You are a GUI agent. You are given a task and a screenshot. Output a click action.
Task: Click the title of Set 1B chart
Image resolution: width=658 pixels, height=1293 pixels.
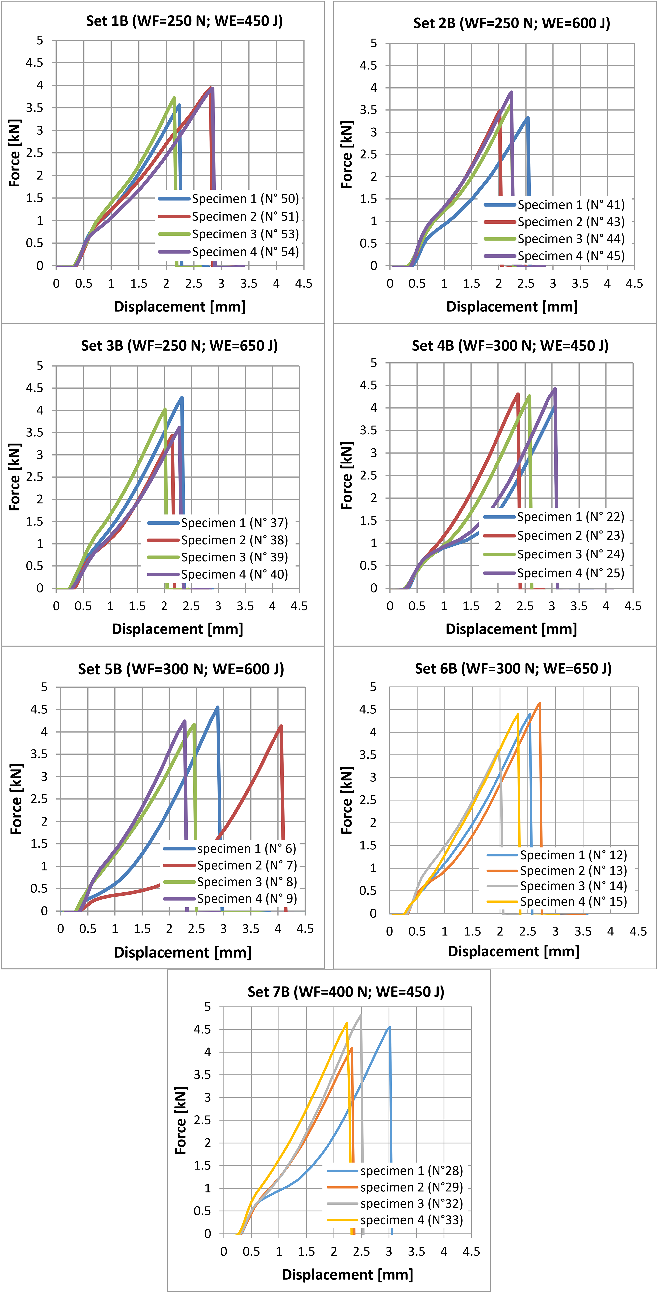pyautogui.click(x=184, y=21)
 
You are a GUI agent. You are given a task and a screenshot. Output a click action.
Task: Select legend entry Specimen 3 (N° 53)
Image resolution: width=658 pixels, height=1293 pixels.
pyautogui.click(x=228, y=234)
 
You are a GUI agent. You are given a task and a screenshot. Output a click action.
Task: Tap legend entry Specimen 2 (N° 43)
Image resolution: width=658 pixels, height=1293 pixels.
pyautogui.click(x=554, y=222)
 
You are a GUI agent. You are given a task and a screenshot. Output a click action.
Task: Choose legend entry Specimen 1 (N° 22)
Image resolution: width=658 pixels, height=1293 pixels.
pyautogui.click(x=554, y=517)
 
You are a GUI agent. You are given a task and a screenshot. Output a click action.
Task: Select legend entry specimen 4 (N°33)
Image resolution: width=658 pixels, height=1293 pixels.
pyautogui.click(x=395, y=1220)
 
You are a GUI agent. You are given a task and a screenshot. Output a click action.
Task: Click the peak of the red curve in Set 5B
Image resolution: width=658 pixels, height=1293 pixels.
pyautogui.click(x=281, y=726)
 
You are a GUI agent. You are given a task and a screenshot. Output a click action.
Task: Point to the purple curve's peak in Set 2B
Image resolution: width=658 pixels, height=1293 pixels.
pyautogui.click(x=511, y=92)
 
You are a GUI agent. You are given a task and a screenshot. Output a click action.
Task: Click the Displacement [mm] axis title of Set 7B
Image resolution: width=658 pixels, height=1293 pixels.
pyautogui.click(x=348, y=1274)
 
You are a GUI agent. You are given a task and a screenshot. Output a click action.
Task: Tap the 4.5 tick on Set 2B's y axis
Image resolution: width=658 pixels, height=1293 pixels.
pyautogui.click(x=368, y=65)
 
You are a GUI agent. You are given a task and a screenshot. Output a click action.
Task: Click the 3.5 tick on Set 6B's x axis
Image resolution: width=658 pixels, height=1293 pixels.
pyautogui.click(x=583, y=932)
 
